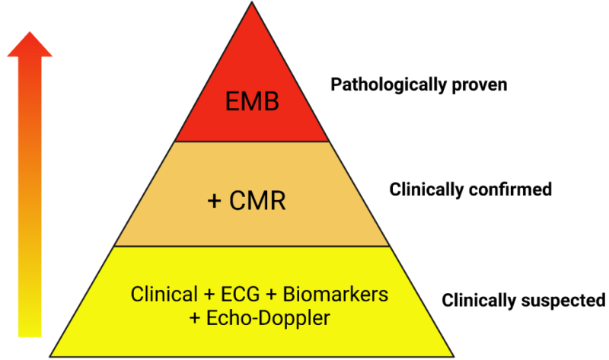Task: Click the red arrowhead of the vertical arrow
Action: [x=29, y=44]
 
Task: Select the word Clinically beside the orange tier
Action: [x=424, y=190]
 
